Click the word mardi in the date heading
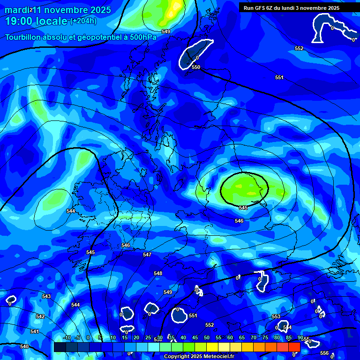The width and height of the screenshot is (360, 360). point(16,10)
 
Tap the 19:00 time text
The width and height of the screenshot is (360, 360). point(21,21)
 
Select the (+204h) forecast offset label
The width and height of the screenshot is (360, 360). point(83,21)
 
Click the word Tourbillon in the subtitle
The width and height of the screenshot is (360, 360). point(23,37)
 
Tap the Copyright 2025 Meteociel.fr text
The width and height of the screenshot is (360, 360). point(199,356)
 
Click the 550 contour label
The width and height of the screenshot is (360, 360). point(196,67)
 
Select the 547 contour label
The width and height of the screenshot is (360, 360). point(147,255)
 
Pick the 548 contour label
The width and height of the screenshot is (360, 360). point(158,273)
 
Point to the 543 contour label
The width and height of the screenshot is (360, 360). point(46,296)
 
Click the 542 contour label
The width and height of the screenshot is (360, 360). point(40,316)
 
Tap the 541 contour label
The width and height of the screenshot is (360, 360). point(34,331)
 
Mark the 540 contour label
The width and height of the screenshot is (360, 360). point(24,346)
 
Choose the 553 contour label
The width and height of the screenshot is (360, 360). point(276,316)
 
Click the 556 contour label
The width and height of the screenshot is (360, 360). point(324,353)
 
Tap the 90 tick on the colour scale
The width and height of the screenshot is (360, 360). point(300,337)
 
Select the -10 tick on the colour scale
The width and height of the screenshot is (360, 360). point(67,337)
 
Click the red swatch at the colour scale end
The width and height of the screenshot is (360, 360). point(294,346)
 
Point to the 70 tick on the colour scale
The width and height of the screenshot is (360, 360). point(254,337)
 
